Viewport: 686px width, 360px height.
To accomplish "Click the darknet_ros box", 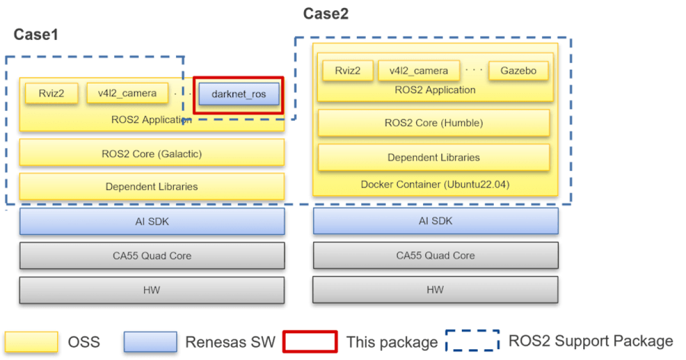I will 239,94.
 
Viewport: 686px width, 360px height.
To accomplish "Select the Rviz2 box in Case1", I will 51,93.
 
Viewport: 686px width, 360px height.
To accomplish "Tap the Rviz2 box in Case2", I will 348,71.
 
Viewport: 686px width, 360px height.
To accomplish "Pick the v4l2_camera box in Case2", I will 419,71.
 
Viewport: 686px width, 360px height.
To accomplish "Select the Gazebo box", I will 519,71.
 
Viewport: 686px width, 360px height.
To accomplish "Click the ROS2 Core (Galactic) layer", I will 151,154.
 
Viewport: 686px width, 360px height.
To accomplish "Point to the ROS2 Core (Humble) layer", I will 433,123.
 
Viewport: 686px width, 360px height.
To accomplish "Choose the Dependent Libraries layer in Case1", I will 151,186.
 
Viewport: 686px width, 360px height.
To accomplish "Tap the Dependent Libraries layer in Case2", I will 433,157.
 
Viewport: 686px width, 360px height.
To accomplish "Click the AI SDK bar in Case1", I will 151,221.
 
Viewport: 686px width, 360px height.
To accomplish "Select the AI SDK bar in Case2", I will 435,221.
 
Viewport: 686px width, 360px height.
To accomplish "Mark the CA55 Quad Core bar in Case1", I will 151,255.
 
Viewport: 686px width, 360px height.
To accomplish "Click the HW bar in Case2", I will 435,290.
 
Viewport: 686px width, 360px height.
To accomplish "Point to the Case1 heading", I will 36,35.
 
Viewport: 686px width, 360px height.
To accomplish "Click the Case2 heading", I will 325,14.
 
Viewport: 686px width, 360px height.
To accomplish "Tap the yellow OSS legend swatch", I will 32,342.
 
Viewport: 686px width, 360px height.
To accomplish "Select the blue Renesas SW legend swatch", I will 150,342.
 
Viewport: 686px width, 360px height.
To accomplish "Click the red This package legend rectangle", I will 310,342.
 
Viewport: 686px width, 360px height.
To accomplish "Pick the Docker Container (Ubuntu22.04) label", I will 435,185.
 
